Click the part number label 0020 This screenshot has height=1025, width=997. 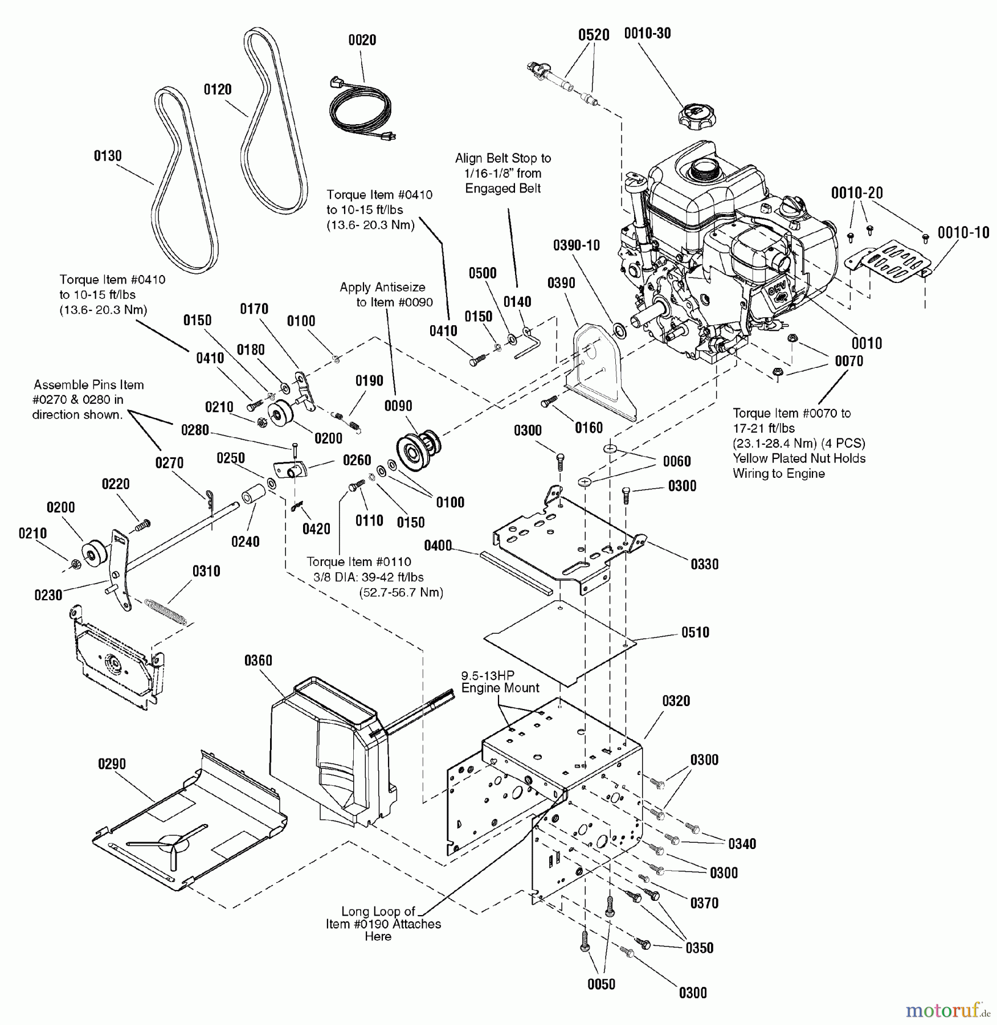tap(362, 40)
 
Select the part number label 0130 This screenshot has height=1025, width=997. tap(108, 156)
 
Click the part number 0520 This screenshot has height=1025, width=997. tap(594, 35)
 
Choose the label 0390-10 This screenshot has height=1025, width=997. tap(577, 245)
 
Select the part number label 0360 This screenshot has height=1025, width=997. tap(258, 661)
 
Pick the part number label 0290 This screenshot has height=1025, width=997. tap(112, 764)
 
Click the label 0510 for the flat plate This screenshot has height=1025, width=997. tap(695, 633)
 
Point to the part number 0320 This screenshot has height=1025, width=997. tap(676, 701)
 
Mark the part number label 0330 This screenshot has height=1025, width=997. tap(705, 564)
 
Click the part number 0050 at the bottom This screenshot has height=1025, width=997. tap(601, 985)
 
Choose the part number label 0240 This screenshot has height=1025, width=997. tap(246, 542)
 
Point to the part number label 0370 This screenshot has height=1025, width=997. tap(704, 903)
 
